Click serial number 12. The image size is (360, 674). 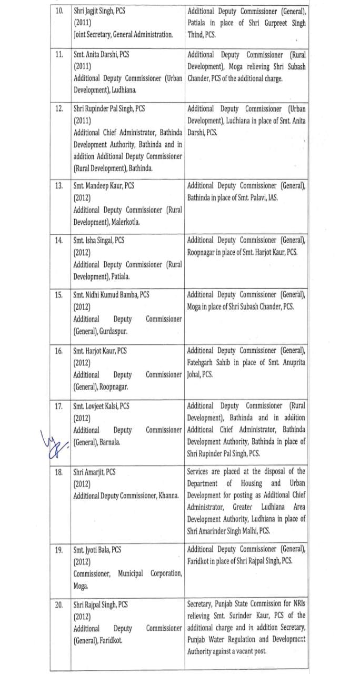coord(59,109)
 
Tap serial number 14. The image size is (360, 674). coord(59,240)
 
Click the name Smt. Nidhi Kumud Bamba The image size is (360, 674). coord(105,295)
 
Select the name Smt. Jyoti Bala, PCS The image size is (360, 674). coord(97,549)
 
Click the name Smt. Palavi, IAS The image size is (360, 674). coord(275,198)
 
